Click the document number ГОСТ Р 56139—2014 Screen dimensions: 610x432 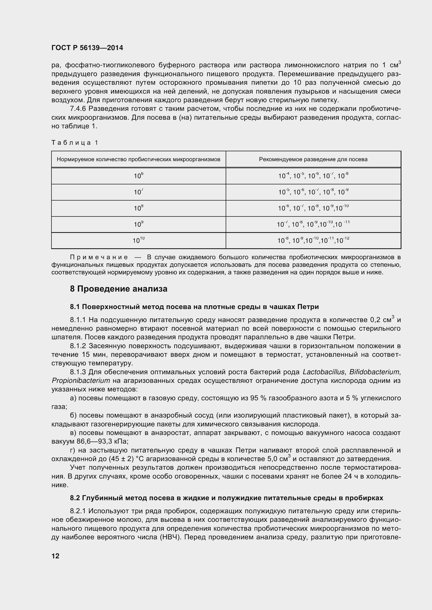(x=87, y=48)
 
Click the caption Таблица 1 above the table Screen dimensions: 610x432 (x=75, y=143)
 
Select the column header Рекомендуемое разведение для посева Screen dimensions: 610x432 (x=313, y=159)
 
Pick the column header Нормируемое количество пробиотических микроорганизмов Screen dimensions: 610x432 (x=138, y=159)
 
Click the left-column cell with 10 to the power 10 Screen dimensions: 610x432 (x=138, y=240)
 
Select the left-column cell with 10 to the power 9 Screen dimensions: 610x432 (x=138, y=224)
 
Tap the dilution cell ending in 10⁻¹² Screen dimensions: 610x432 (x=313, y=240)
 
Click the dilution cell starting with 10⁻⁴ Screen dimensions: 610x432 (x=313, y=176)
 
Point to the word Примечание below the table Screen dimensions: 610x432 (x=99, y=257)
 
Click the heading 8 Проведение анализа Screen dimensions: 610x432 (x=119, y=289)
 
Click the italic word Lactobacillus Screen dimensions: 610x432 (x=323, y=372)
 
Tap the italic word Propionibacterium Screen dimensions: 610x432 (x=81, y=381)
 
